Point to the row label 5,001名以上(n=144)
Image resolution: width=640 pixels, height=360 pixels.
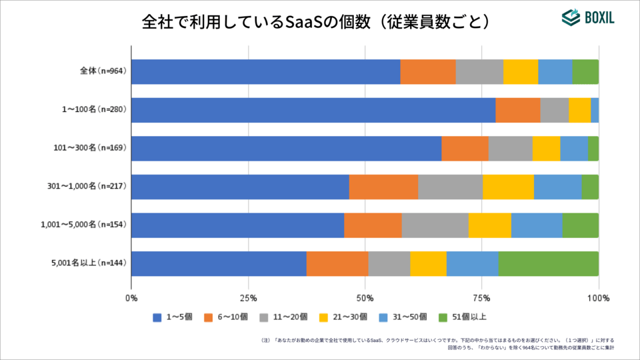(x=89, y=263)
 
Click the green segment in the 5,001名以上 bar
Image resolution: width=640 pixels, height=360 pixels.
(x=548, y=263)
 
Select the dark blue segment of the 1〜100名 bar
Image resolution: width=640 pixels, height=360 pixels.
(x=313, y=110)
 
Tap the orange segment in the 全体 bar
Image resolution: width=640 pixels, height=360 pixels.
(x=427, y=71)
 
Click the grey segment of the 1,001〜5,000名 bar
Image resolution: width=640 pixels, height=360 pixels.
(x=435, y=225)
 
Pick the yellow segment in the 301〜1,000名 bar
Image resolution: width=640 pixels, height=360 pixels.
(x=508, y=187)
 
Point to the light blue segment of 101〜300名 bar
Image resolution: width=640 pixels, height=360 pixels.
(x=573, y=148)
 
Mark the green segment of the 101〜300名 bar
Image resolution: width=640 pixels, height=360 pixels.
(x=593, y=148)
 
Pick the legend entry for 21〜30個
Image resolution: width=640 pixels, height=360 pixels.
(x=343, y=317)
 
